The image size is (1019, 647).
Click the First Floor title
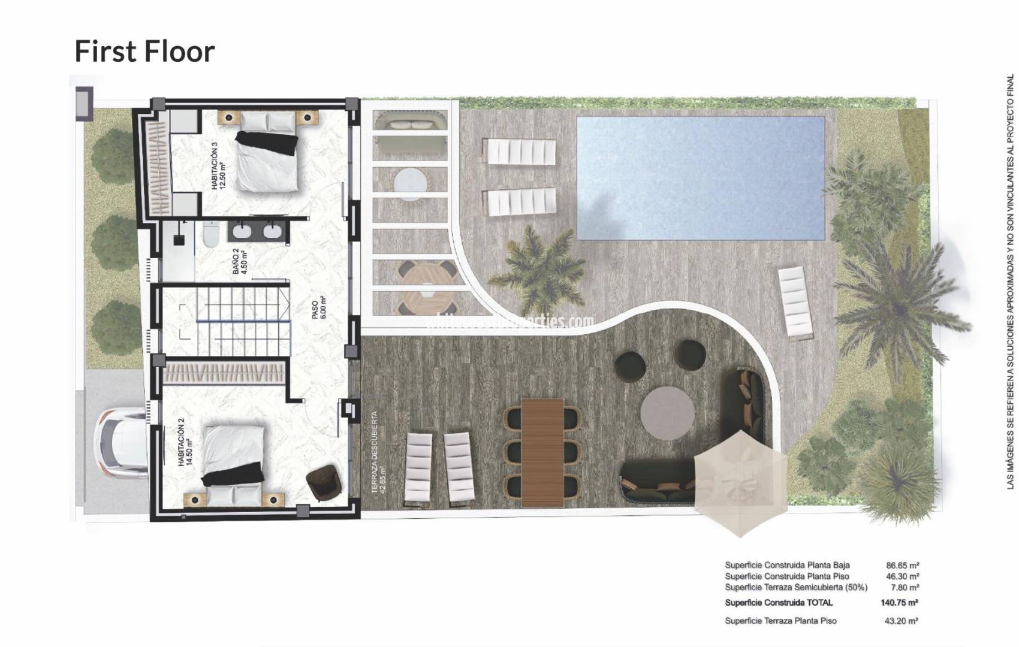coord(144,52)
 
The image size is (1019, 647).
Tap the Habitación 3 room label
coord(218,166)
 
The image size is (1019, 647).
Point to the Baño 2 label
coord(239,261)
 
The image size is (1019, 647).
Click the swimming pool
coord(700,177)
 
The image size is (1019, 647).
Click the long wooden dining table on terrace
coord(542,452)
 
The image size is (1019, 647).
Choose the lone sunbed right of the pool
coord(796,301)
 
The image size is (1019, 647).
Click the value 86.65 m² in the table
coord(902,565)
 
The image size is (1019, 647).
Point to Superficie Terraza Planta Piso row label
coord(780,621)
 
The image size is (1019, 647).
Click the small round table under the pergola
coord(411,182)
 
